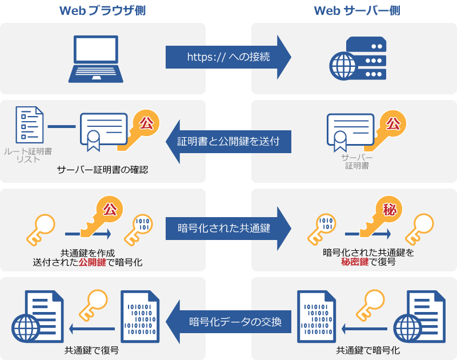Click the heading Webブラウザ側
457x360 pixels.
(103, 11)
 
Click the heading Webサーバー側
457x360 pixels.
(354, 11)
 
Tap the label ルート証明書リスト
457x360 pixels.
(28, 155)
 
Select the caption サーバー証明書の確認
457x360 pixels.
(103, 170)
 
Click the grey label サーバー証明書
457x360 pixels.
(356, 161)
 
